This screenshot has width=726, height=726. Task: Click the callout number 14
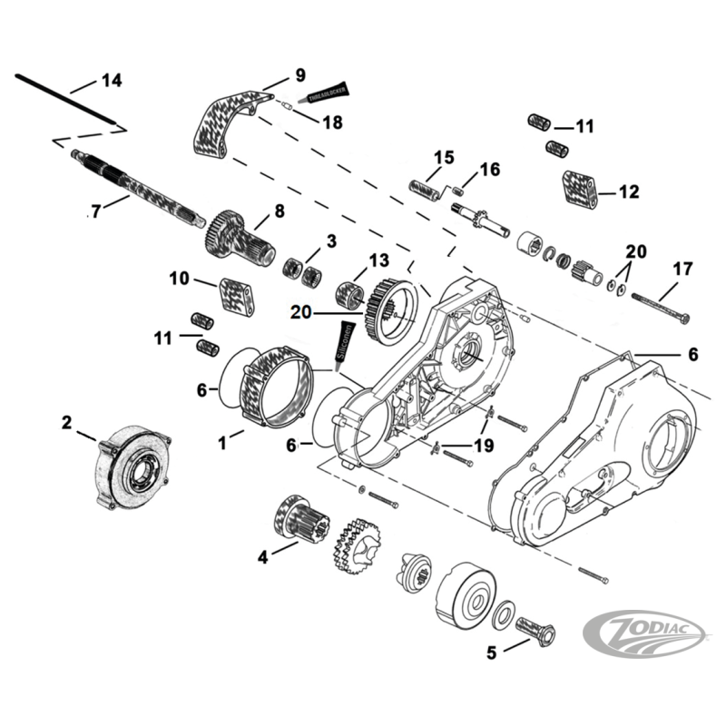[111, 81]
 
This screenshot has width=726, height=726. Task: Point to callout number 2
[66, 422]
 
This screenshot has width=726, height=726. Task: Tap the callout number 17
[682, 269]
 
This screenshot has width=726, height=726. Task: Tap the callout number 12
[628, 192]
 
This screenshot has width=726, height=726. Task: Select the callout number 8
[280, 211]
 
